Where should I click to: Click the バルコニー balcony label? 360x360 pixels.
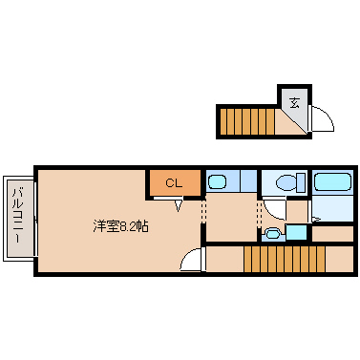tap(18, 218)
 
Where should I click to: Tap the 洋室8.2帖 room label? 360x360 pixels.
tap(120, 226)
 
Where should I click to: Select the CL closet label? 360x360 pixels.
tap(173, 182)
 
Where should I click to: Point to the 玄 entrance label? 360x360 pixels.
tap(294, 102)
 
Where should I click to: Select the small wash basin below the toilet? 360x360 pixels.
tap(274, 232)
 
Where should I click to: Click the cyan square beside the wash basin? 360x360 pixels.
tap(297, 231)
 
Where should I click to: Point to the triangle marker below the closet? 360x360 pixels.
tap(179, 202)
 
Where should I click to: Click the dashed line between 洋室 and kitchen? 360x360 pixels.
tap(202, 219)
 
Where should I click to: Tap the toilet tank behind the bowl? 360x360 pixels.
tap(298, 182)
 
